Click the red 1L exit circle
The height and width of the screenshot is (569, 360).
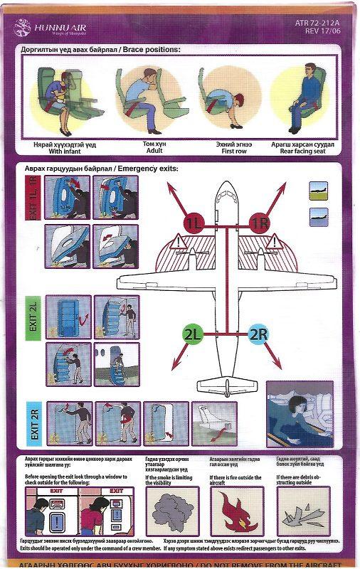(194, 223)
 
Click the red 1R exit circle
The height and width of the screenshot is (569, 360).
(260, 223)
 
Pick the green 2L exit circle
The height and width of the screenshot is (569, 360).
(194, 333)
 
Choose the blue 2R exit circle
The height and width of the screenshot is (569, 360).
(260, 333)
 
